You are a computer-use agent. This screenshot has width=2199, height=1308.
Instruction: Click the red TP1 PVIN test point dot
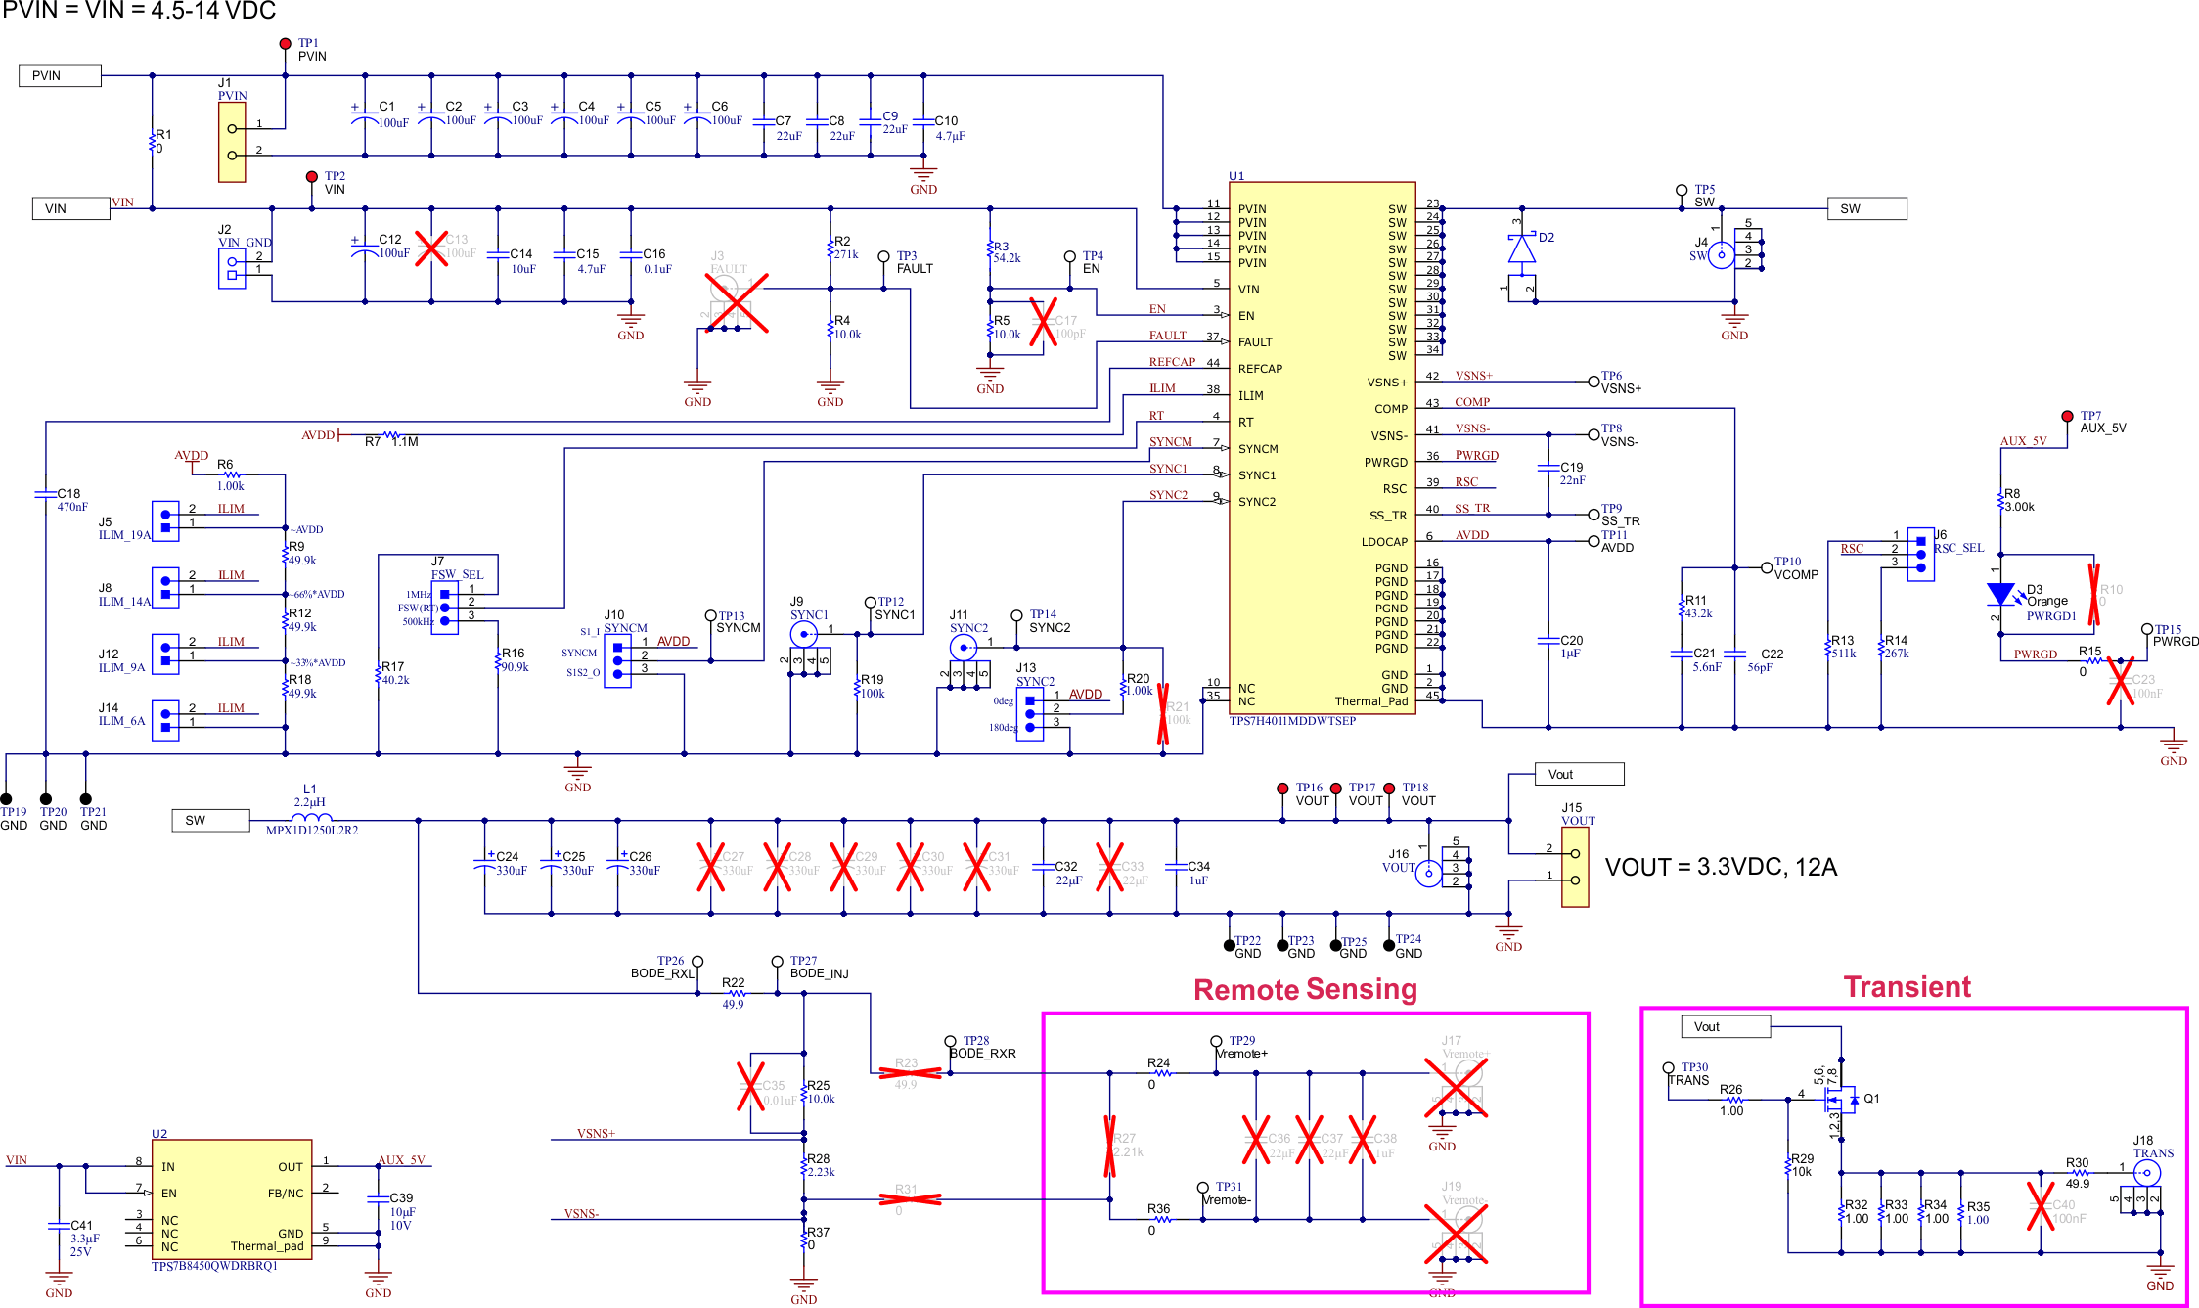285,44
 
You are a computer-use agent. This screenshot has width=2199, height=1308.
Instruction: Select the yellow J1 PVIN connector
232,142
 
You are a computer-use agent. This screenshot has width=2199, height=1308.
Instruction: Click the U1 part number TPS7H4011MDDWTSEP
1292,721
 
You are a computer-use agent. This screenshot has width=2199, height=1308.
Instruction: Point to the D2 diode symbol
1521,249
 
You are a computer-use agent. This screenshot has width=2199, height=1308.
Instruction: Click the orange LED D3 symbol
2000,594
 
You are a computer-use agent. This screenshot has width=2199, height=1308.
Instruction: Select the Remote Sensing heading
1305,990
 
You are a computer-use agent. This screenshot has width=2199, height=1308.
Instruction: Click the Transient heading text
1907,987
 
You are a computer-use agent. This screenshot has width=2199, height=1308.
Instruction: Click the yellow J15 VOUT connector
1575,867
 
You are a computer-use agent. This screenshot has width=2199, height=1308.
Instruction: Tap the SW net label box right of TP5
1866,208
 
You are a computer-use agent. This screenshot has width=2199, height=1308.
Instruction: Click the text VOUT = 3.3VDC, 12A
1721,867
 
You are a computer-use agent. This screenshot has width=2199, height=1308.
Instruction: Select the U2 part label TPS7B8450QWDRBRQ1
214,1266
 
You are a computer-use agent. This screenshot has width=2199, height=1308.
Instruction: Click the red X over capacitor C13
431,248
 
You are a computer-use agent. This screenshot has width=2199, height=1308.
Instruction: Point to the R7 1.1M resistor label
392,442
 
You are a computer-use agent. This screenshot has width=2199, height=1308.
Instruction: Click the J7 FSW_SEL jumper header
445,608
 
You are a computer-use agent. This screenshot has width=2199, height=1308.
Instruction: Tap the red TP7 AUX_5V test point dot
2067,416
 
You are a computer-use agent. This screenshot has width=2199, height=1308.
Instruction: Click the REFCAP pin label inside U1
1260,369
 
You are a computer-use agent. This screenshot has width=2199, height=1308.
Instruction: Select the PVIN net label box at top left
60,75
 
